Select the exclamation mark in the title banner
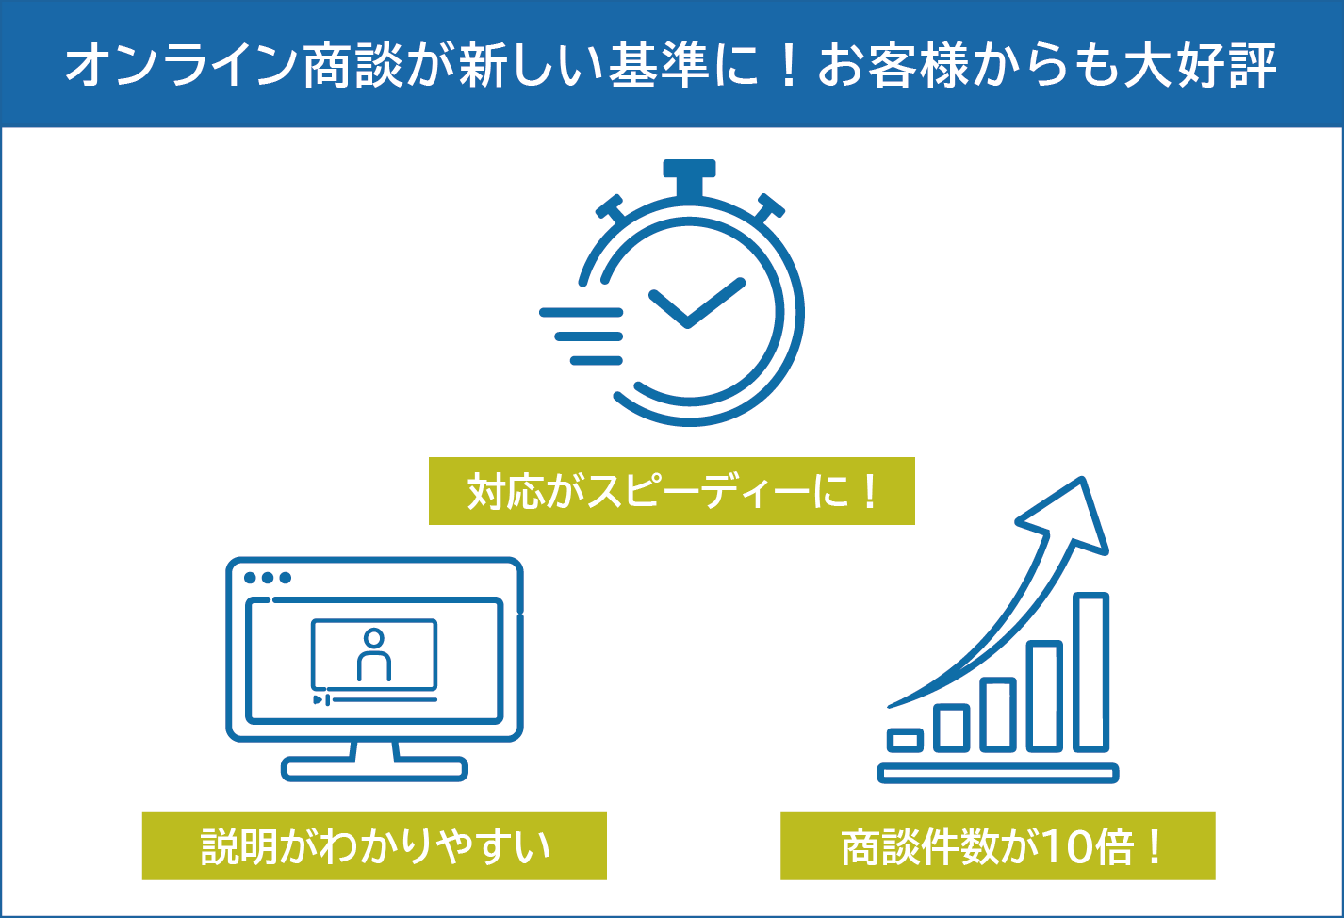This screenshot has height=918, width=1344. (790, 65)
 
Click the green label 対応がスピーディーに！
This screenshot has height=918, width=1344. (671, 491)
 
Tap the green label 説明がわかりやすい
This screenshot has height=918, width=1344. (374, 845)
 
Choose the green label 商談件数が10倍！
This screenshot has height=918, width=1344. (997, 845)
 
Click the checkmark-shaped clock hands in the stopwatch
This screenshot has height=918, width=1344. (694, 305)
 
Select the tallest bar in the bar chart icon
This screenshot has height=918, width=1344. (1090, 672)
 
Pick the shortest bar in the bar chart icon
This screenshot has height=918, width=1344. (906, 740)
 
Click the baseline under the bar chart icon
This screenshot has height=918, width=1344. (997, 774)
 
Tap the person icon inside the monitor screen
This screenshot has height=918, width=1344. (374, 655)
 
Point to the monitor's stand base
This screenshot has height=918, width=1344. (374, 768)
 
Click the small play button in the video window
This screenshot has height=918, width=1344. (319, 699)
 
